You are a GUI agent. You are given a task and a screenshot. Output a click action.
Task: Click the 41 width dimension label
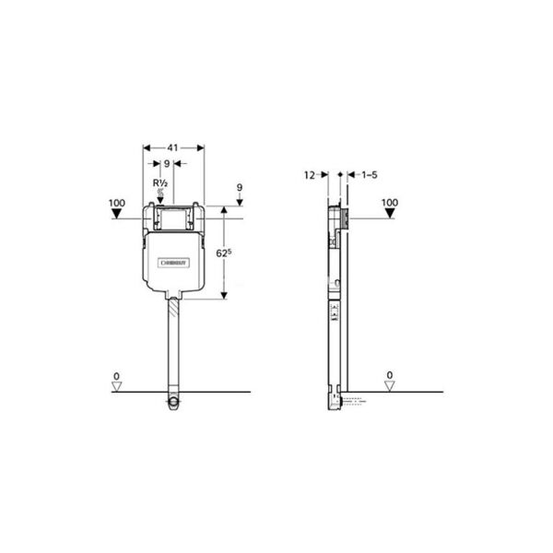173,147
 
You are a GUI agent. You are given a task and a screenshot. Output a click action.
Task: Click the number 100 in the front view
116,202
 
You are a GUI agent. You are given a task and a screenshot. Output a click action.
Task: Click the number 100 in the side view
389,202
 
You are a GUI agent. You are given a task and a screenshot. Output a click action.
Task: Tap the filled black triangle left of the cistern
116,215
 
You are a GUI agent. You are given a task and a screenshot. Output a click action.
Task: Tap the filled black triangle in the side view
389,215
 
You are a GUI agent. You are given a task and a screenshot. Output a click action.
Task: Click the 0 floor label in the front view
116,375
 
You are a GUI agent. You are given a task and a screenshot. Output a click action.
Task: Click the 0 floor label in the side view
389,375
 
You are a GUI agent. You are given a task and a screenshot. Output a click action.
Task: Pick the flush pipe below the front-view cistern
172,341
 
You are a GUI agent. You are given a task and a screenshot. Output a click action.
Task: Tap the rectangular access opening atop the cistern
173,218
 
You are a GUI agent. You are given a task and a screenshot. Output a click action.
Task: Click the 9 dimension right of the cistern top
239,187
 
